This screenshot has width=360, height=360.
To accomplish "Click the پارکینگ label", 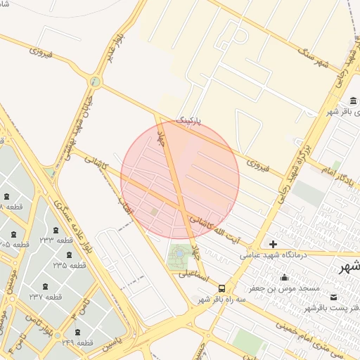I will point(188,122).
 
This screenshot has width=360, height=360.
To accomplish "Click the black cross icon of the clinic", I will point(273,245).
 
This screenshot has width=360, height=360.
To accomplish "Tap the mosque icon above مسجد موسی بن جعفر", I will point(284,277).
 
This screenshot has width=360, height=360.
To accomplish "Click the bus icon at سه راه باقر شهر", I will point(222,288).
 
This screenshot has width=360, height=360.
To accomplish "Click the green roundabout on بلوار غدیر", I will point(95,82).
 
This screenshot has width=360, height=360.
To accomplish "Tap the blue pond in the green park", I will point(178,252).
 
